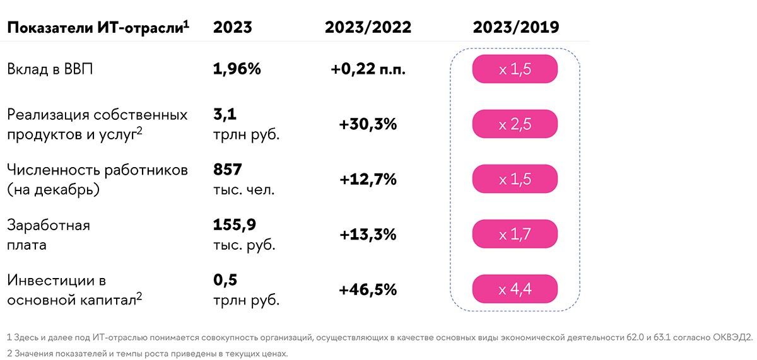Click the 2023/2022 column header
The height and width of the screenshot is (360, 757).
click(x=368, y=28)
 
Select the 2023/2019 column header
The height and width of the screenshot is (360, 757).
click(x=515, y=28)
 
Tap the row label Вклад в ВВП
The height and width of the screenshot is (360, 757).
click(x=50, y=69)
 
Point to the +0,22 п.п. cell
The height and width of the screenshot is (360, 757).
click(x=368, y=69)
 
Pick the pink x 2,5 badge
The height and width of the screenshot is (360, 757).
click(x=515, y=124)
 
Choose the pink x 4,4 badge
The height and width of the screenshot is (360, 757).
click(x=515, y=289)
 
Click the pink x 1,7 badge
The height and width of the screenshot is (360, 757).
click(x=515, y=235)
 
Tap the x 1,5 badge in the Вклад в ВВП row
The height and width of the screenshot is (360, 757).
click(x=515, y=69)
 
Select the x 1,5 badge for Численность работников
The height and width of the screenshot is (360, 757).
click(x=515, y=179)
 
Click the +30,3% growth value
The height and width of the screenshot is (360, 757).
click(x=368, y=124)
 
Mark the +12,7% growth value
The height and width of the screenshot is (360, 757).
click(x=368, y=179)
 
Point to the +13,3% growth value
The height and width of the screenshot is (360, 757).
click(x=368, y=235)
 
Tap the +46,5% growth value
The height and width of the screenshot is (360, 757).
click(x=368, y=289)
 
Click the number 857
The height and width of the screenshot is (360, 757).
click(x=228, y=170)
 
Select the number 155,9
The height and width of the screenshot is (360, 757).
click(x=235, y=224)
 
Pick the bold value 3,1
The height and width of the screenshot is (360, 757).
click(x=224, y=115)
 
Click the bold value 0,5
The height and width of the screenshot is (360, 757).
click(x=225, y=280)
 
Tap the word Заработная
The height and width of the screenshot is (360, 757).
click(x=49, y=225)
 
